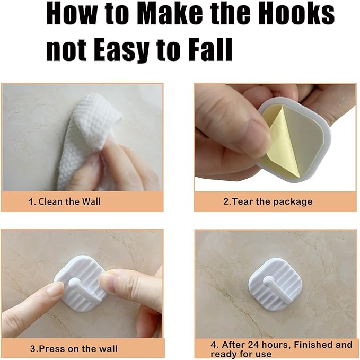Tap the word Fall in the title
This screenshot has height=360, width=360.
click(x=211, y=49)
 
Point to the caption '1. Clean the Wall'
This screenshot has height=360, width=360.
click(x=65, y=201)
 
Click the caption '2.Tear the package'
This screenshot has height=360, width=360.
click(x=268, y=201)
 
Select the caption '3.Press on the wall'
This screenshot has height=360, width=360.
click(x=74, y=349)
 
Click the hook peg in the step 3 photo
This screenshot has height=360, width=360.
click(x=76, y=283)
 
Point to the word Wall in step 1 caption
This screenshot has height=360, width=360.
click(x=91, y=201)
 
